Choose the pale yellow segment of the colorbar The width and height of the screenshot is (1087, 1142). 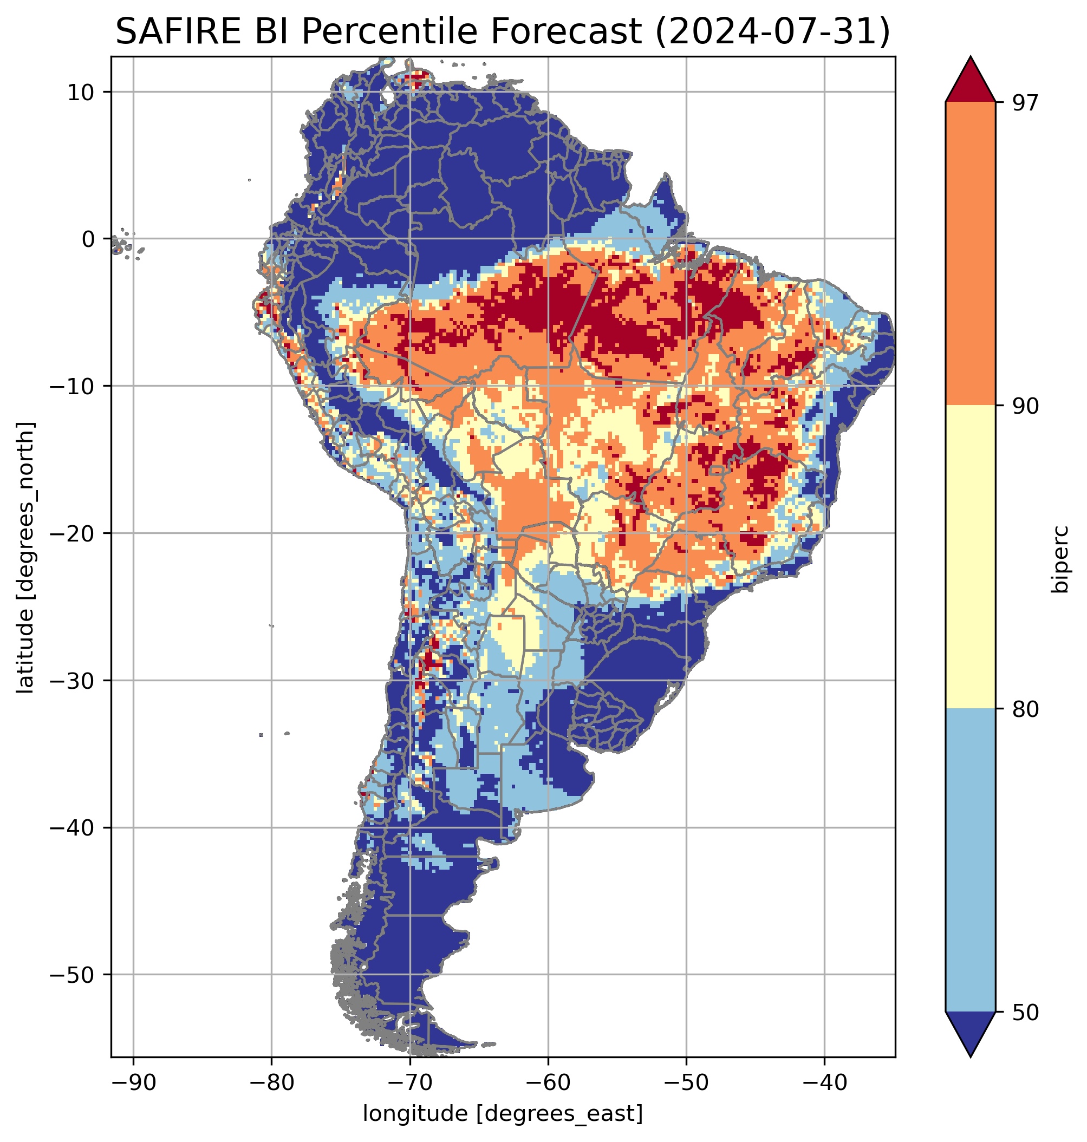pos(970,556)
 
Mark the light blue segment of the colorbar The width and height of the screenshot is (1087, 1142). pos(970,860)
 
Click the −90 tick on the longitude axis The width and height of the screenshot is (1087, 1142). pos(133,1082)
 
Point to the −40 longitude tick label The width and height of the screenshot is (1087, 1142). pos(824,1082)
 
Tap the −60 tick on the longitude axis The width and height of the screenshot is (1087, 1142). pos(548,1082)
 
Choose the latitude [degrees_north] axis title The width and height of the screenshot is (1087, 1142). pos(25,557)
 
